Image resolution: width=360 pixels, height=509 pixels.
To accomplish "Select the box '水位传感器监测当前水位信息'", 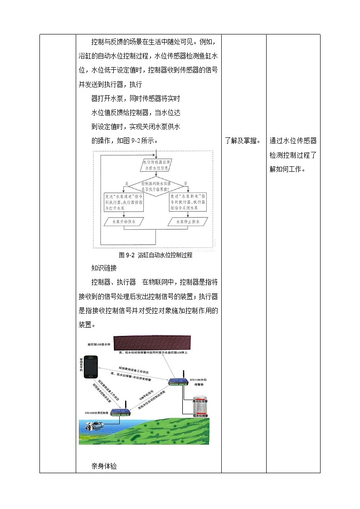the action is (x=156, y=165).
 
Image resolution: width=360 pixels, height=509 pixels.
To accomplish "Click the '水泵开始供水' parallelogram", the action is (x=122, y=222).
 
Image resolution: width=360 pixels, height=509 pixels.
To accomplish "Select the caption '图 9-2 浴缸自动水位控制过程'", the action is (x=156, y=255).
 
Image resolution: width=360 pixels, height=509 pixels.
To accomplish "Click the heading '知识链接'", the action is (x=104, y=268).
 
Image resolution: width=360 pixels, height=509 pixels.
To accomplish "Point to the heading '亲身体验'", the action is (x=104, y=466).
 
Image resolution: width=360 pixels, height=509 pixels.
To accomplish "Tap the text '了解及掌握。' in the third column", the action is (x=243, y=141).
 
